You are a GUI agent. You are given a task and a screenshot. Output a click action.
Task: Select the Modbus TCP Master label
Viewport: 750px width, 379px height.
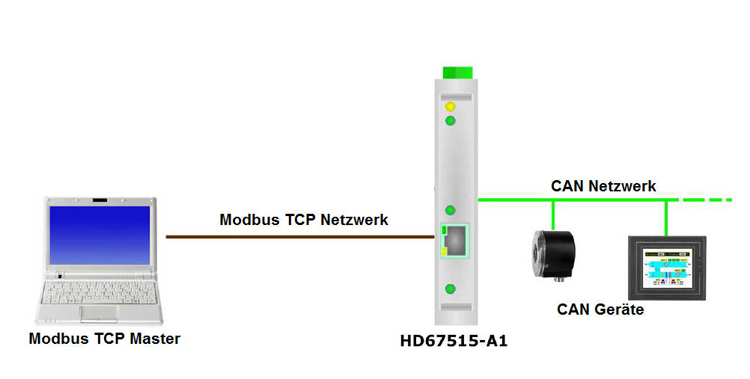click(105, 339)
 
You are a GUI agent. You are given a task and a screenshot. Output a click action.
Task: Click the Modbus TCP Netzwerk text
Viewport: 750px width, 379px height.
click(304, 219)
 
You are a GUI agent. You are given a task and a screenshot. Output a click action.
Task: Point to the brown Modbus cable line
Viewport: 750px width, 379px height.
click(300, 237)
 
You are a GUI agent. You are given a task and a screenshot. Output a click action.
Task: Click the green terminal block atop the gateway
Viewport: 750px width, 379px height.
click(457, 73)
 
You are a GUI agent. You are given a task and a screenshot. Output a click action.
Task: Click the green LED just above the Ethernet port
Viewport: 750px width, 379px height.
click(451, 210)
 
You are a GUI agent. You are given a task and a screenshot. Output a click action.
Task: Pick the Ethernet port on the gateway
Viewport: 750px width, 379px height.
click(456, 239)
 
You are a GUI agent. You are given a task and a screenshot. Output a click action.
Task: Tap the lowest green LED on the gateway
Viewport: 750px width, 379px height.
click(451, 291)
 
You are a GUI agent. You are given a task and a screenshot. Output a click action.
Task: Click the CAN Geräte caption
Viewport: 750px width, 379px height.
click(600, 310)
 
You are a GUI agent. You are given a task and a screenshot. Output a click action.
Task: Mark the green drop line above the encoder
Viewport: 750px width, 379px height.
click(553, 214)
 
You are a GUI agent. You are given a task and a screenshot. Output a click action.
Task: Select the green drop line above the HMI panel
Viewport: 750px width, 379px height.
click(667, 216)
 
